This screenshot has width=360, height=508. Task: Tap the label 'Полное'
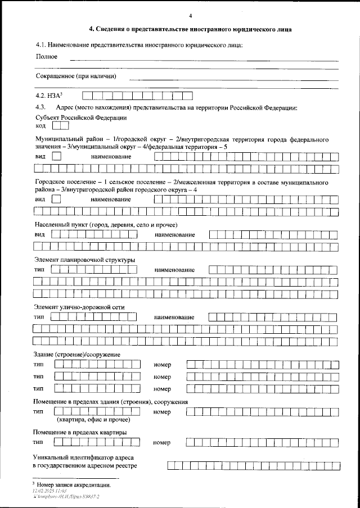tap(47, 57)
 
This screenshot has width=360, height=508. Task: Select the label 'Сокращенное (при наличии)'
tap(76, 76)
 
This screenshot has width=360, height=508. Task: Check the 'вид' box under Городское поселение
tap(56, 199)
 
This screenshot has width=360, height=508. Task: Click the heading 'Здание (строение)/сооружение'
tap(77, 354)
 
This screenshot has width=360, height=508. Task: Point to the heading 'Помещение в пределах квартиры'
tap(79, 432)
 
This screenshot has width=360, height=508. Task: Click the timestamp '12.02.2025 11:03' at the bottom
tap(51, 491)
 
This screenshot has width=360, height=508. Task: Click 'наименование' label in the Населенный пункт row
tap(175, 234)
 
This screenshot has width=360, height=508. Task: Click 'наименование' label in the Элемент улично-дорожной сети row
tap(175, 317)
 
